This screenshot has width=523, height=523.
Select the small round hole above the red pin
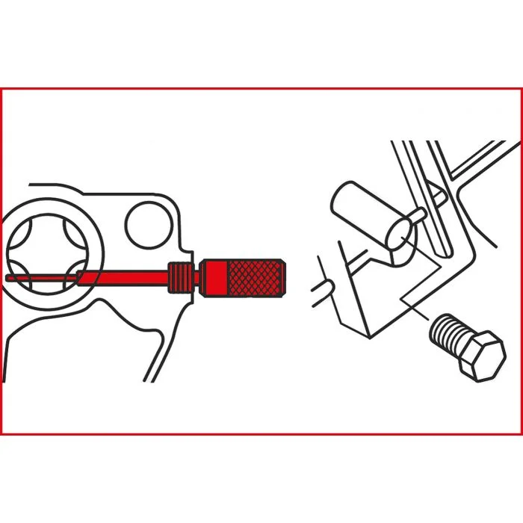tap(146, 224)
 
